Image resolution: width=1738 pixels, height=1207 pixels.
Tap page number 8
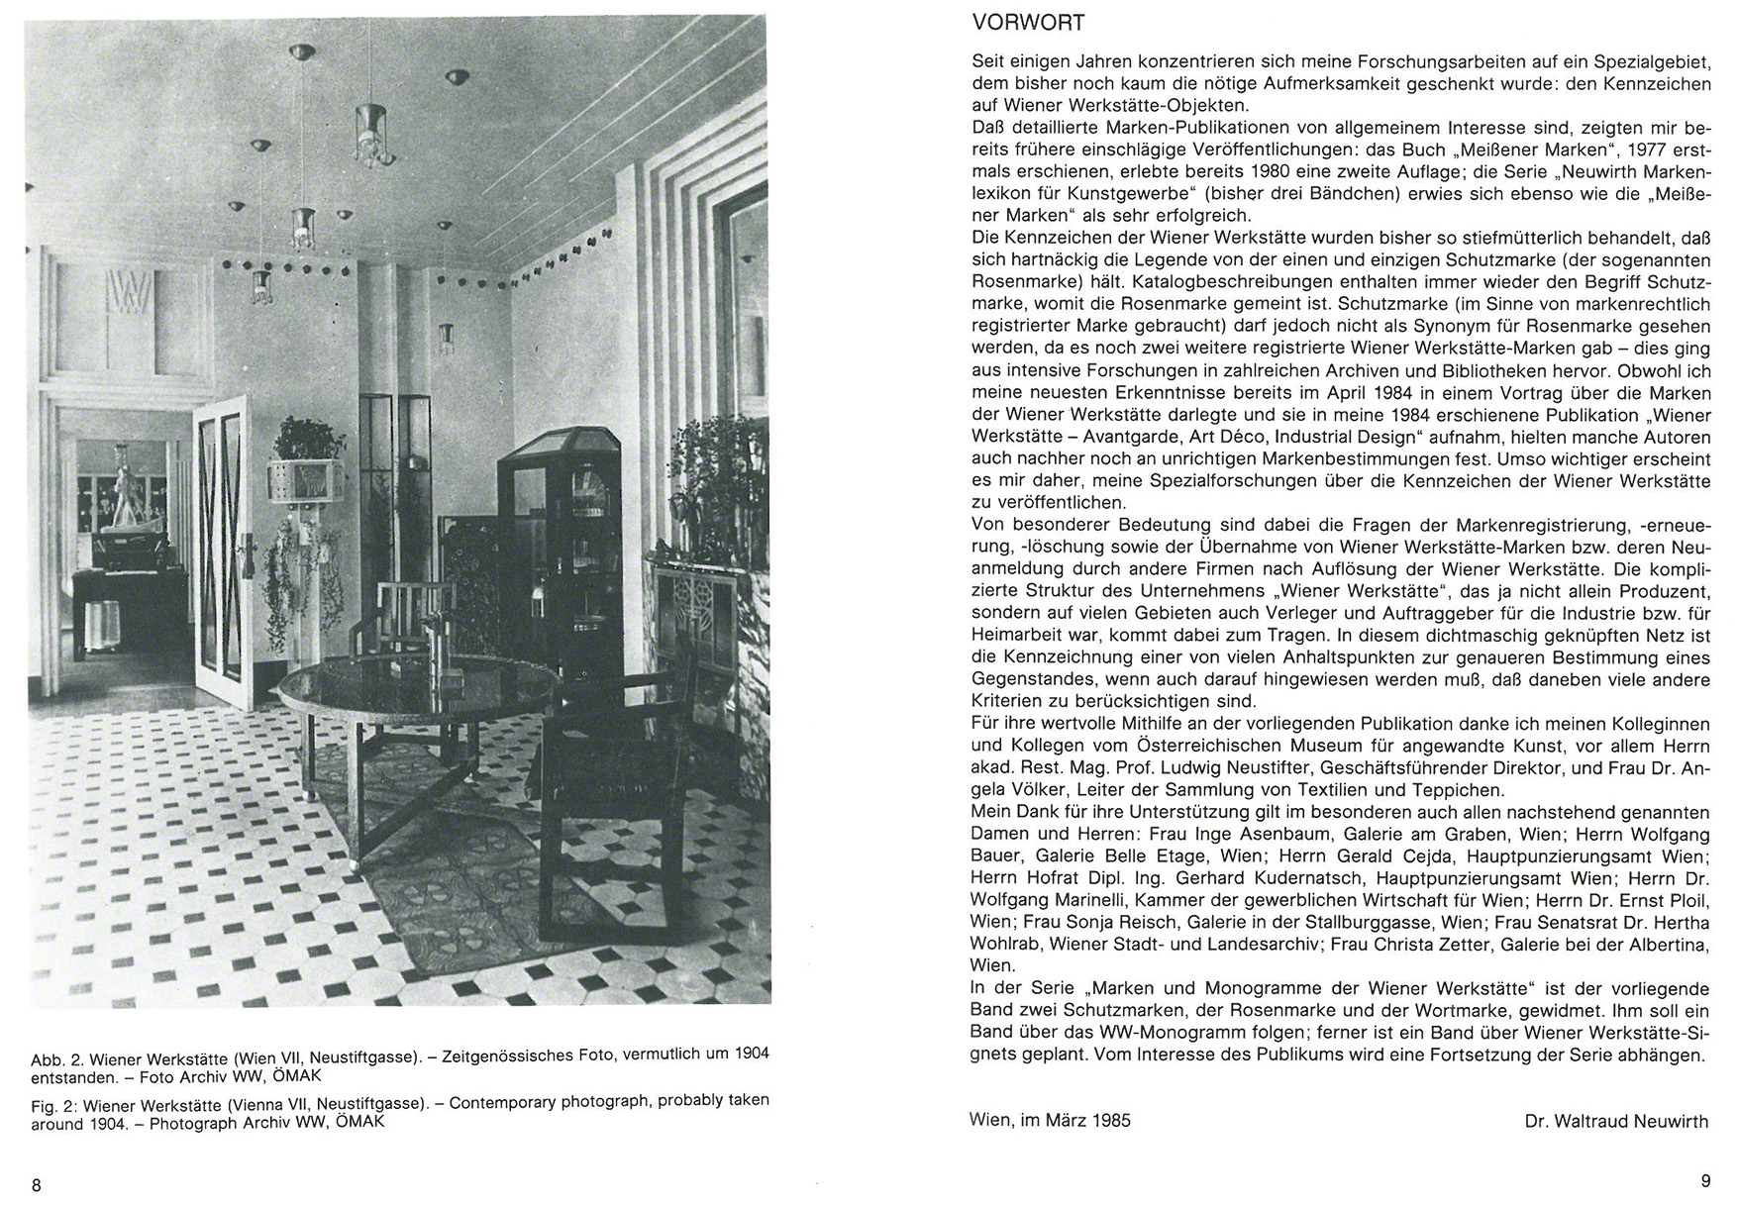(37, 1185)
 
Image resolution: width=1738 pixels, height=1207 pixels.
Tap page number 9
(1704, 1180)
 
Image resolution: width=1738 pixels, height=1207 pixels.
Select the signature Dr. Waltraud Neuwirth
(1616, 1121)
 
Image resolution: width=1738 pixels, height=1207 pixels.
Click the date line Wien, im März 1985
(1051, 1121)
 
